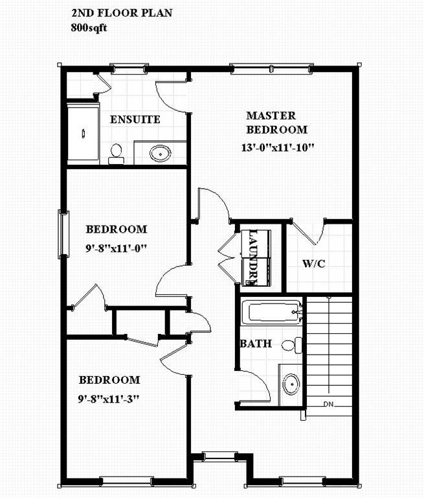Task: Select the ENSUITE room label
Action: coord(135,120)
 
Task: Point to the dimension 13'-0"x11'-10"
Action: coord(276,147)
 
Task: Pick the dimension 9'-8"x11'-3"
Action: coord(109,397)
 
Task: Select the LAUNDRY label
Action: coord(251,257)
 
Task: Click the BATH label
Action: coord(256,344)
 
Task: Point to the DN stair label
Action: coord(329,405)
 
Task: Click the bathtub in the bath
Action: coord(271,312)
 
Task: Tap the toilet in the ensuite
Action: coord(117,153)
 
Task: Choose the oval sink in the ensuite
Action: coord(160,153)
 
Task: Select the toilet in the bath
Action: coord(294,345)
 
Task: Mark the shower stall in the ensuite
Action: coord(84,134)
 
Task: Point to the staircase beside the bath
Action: coord(329,353)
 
